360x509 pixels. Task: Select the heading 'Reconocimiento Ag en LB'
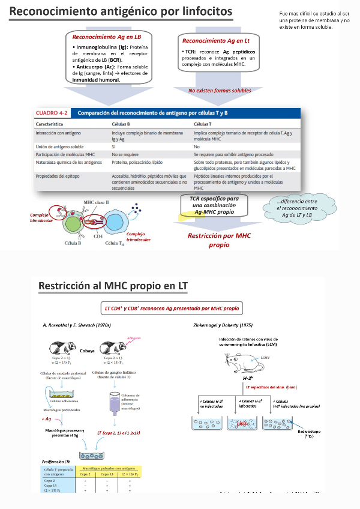[106, 37]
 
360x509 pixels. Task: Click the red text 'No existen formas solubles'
[220, 91]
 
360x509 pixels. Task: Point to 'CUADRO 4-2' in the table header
[52, 112]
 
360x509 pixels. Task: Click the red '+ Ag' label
[47, 418]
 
